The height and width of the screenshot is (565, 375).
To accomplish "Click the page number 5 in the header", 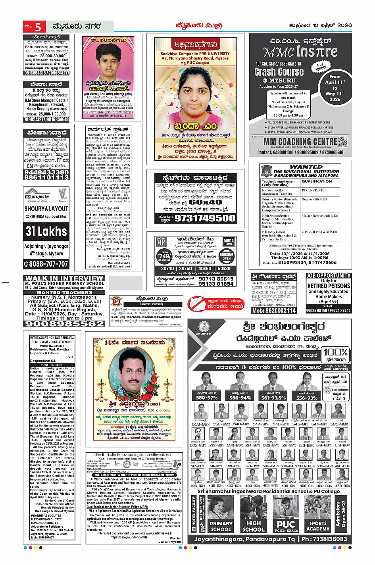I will click(38, 27).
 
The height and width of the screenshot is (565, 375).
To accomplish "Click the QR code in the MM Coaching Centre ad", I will click(342, 141).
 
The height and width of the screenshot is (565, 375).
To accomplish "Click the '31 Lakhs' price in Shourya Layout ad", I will click(46, 231).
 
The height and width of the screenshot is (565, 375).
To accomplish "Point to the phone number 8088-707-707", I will click(46, 264).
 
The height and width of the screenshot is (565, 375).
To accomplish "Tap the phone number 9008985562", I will click(64, 323).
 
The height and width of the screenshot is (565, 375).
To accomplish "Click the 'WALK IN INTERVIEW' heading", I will click(64, 279).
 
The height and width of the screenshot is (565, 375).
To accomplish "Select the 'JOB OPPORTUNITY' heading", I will click(328, 275).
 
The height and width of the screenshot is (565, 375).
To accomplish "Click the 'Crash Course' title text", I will click(279, 72).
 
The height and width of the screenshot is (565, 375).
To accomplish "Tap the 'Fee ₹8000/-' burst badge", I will click(320, 66).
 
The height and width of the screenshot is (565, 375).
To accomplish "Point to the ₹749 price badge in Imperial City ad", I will click(164, 254).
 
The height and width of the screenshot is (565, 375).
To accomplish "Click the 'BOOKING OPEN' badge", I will click(226, 256).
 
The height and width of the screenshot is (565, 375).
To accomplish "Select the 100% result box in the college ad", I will click(335, 353).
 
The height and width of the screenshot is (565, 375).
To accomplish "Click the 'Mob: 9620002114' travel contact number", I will click(274, 310).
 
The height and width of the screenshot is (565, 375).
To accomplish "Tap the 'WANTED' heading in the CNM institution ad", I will click(306, 167).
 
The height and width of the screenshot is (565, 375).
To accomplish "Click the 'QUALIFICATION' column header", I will click(317, 181).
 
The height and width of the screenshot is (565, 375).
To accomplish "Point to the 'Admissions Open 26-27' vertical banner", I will click(341, 512).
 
